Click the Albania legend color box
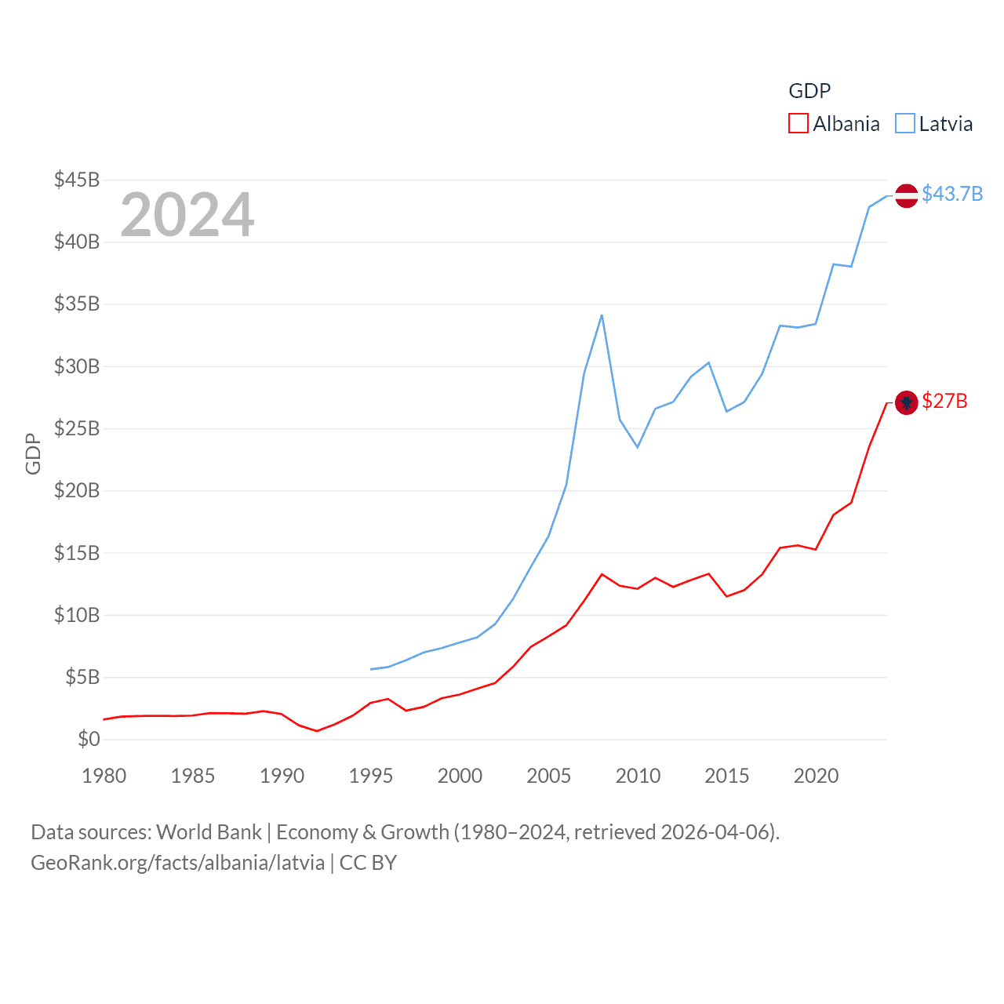click(x=798, y=124)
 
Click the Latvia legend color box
click(x=905, y=124)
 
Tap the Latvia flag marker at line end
click(x=906, y=195)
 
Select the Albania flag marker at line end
click(x=906, y=402)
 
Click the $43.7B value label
click(x=952, y=194)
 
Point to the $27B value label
click(x=944, y=401)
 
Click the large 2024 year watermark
click(x=187, y=214)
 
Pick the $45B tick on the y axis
click(x=77, y=180)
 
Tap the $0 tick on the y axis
click(x=89, y=739)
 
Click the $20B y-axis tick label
click(x=77, y=490)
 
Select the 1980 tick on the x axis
click(x=104, y=776)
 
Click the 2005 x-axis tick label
click(x=548, y=776)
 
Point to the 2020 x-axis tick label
click(x=816, y=776)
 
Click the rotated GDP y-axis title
click(x=33, y=453)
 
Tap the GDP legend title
click(x=809, y=91)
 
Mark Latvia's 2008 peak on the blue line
click(x=602, y=315)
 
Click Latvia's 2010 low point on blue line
click(x=638, y=447)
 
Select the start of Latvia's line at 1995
click(x=371, y=669)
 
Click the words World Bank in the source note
click(x=209, y=832)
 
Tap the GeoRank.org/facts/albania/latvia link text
click(x=177, y=863)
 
